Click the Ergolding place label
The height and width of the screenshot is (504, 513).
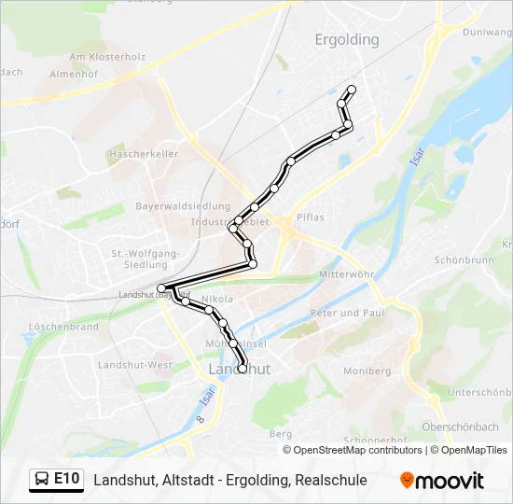(x=347, y=40)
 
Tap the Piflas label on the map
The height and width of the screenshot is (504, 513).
(x=310, y=217)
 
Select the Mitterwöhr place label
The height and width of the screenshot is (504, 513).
(x=346, y=276)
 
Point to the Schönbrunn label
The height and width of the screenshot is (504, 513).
(x=464, y=260)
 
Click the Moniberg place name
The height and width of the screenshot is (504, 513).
(x=367, y=371)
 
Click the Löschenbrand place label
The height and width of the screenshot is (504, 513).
(x=64, y=327)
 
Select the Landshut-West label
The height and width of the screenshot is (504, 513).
(x=135, y=364)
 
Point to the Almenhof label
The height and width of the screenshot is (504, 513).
(x=73, y=74)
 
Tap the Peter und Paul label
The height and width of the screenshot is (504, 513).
(x=347, y=313)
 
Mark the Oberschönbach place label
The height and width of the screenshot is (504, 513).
(x=461, y=427)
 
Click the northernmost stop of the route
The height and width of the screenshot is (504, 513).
(x=352, y=90)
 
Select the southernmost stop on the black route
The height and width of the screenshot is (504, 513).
(x=243, y=369)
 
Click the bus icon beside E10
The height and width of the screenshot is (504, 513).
(x=43, y=480)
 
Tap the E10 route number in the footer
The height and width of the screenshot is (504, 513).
(x=66, y=480)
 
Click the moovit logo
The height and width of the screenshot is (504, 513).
(x=442, y=481)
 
